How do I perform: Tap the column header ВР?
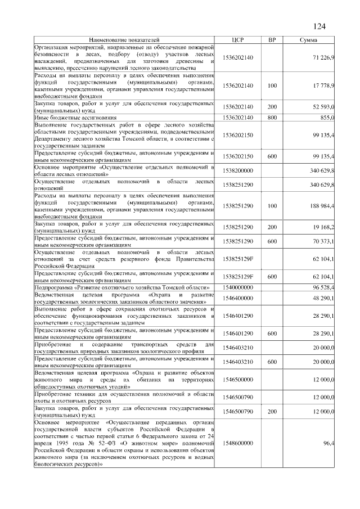coord(272,40)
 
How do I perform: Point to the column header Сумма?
coord(308,40)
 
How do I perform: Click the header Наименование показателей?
coord(124,40)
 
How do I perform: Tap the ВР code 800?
coord(272,117)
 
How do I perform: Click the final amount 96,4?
coord(328,444)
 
